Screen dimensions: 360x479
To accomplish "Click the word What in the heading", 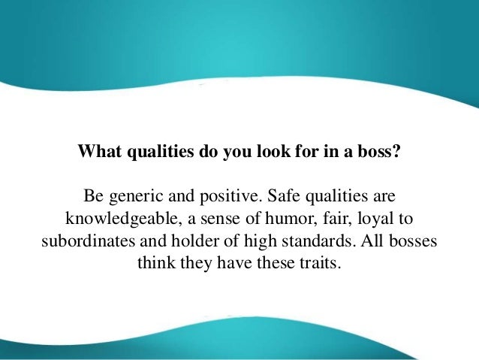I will click(x=101, y=151).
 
